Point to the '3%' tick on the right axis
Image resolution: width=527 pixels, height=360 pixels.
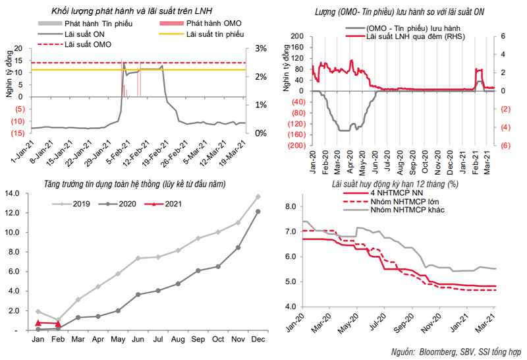pos(253,49)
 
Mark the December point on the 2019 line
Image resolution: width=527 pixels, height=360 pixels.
pos(258,196)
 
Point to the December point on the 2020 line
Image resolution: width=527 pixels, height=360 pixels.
pos(258,211)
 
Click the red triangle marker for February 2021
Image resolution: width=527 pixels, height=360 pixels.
pos(58,323)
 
